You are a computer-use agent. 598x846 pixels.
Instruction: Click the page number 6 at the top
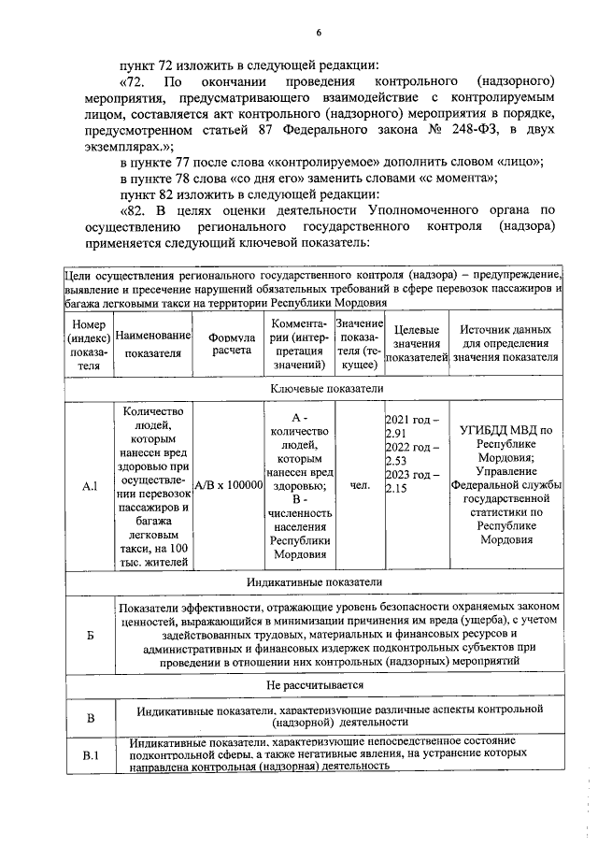pyautogui.click(x=318, y=35)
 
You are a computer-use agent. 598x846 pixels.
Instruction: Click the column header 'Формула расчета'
pyautogui.click(x=231, y=345)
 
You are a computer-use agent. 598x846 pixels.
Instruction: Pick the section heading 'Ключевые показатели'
pyautogui.click(x=314, y=389)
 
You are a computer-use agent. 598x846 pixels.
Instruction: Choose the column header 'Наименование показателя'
pyautogui.click(x=154, y=345)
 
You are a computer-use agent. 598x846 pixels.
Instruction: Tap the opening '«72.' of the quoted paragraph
pyautogui.click(x=137, y=81)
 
